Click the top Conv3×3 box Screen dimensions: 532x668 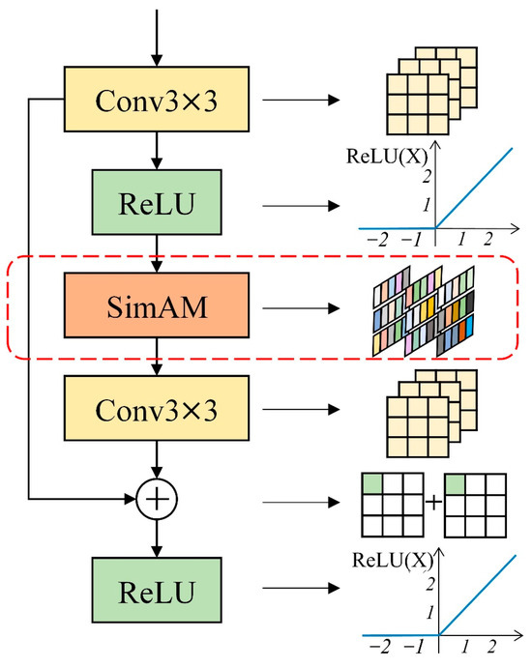point(157,99)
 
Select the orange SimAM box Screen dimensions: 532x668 point(157,305)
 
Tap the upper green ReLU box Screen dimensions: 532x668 point(157,202)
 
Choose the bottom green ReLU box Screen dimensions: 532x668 point(157,590)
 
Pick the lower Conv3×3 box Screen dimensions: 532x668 point(157,408)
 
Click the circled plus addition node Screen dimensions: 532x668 point(157,499)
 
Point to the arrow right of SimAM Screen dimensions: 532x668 point(301,308)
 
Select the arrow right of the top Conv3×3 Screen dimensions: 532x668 point(301,101)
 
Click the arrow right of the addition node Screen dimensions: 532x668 point(301,503)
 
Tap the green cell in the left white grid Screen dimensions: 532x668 point(372,484)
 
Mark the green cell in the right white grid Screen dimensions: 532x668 point(455,484)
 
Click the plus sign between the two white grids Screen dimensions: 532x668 point(434,503)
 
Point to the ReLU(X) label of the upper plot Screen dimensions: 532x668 point(387,156)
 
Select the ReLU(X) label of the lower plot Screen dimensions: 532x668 point(392,560)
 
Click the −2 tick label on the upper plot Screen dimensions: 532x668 point(377,240)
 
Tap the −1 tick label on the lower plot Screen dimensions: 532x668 point(413,647)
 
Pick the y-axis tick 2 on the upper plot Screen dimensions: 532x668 point(427,176)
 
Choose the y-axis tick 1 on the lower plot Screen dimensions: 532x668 point(429,613)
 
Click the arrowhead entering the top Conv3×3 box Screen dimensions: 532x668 point(157,61)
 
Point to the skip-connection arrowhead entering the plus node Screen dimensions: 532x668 point(130,499)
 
